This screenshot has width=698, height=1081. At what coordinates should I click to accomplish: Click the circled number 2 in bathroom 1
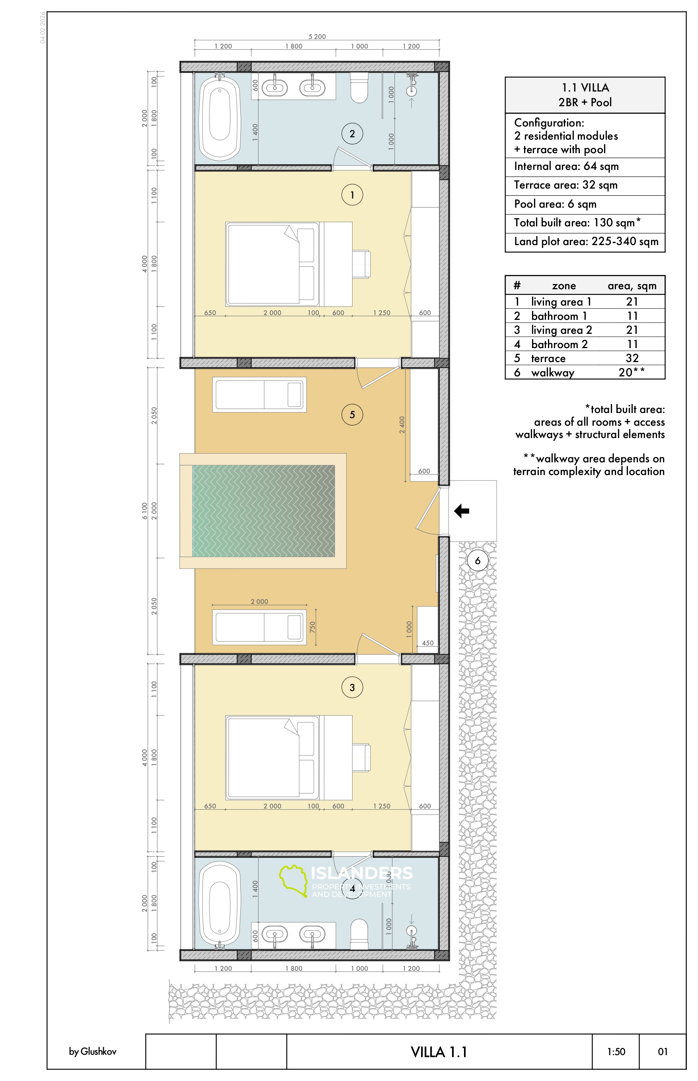tap(352, 134)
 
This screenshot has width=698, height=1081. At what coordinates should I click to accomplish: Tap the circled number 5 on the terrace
tap(352, 415)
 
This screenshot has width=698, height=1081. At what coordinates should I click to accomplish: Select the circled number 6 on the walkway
tap(477, 561)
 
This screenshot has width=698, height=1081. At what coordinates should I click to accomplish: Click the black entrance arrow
tap(462, 511)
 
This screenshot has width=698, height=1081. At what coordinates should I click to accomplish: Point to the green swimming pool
tap(263, 511)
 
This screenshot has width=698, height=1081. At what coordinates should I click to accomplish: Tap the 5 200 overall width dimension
tap(317, 37)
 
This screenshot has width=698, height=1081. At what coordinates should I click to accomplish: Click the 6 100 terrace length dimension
tap(144, 511)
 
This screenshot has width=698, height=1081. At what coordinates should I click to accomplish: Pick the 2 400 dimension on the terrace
tap(402, 425)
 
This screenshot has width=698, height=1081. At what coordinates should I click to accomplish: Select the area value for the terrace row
tap(632, 358)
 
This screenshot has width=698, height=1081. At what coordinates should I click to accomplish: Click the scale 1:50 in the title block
tap(616, 1052)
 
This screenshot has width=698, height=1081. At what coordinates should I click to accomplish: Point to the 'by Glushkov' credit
tap(92, 1052)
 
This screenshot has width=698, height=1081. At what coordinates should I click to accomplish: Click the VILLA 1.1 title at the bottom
tap(439, 1052)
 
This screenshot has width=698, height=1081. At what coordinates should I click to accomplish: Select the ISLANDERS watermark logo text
tap(362, 873)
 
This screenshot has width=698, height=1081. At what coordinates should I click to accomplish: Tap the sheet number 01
tap(663, 1052)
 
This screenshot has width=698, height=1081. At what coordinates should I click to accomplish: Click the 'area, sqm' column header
tap(632, 286)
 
